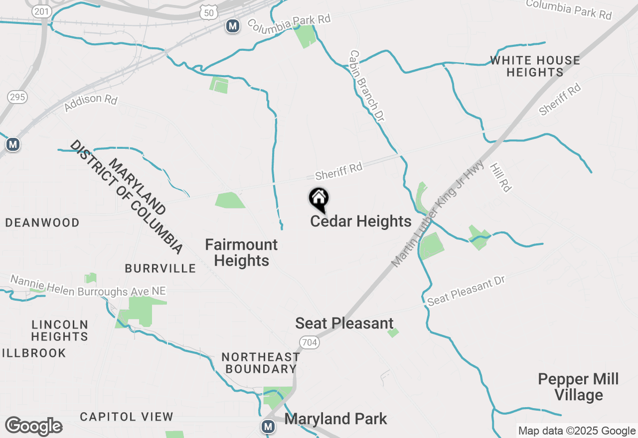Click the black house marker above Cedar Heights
(x=319, y=200)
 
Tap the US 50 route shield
(x=207, y=14)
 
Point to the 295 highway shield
(x=17, y=97)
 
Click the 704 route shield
(x=309, y=342)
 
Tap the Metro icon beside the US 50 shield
(x=232, y=26)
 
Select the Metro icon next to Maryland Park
(x=269, y=427)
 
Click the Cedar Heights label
(x=361, y=221)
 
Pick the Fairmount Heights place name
(x=242, y=252)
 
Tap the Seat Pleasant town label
(x=344, y=323)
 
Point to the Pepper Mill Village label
(x=578, y=387)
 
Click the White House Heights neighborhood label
(x=535, y=66)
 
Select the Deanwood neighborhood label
(x=42, y=222)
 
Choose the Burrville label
(x=160, y=269)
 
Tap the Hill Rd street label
(x=501, y=177)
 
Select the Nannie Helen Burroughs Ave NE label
(x=88, y=286)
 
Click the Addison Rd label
(x=91, y=103)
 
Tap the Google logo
(x=34, y=427)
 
